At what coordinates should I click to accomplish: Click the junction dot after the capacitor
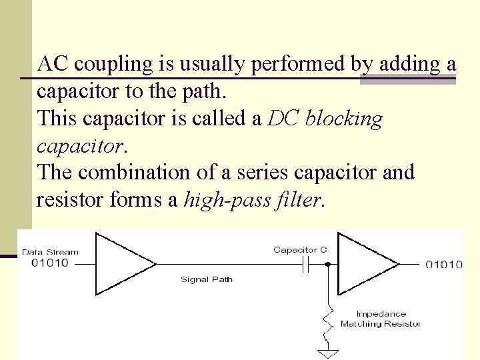coord(328,264)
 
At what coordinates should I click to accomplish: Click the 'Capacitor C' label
coord(300,250)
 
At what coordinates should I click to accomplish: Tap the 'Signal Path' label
coord(207,279)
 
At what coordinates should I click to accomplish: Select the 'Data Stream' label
coord(50,252)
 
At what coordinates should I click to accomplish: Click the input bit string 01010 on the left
coord(50,262)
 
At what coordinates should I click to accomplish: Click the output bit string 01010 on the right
coord(444,265)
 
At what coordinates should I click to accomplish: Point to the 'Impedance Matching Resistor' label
coord(381,319)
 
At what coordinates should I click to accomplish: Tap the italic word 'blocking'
coord(345,119)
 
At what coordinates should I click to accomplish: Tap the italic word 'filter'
coord(297,199)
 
